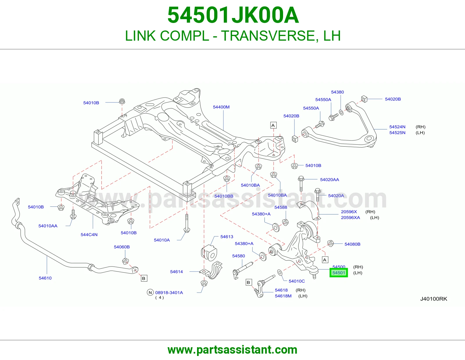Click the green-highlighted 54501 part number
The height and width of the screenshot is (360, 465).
point(339,273)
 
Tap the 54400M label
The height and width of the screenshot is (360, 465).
point(221,107)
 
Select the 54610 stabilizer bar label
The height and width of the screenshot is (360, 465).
point(45,278)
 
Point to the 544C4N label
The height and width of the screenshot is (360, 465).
point(89,235)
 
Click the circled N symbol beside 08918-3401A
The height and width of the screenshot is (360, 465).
point(150,292)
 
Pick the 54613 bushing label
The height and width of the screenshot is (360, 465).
point(227,237)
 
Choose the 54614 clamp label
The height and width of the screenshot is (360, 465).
point(176,271)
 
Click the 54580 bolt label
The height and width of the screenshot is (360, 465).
point(238,256)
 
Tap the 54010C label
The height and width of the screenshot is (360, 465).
point(297,281)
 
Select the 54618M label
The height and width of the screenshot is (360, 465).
point(283,296)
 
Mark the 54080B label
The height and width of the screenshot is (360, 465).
point(352,244)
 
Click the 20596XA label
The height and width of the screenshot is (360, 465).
point(350,217)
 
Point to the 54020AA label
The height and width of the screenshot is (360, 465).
point(329,180)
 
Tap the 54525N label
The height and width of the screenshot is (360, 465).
point(397,133)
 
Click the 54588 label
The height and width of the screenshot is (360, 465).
point(280,207)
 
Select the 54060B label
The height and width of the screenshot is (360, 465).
point(121,247)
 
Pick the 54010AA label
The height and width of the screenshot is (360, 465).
point(48,226)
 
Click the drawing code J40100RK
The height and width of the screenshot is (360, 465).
point(434,299)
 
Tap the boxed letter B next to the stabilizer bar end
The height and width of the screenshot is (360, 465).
point(144,278)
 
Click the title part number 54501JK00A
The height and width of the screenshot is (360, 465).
point(233,15)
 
